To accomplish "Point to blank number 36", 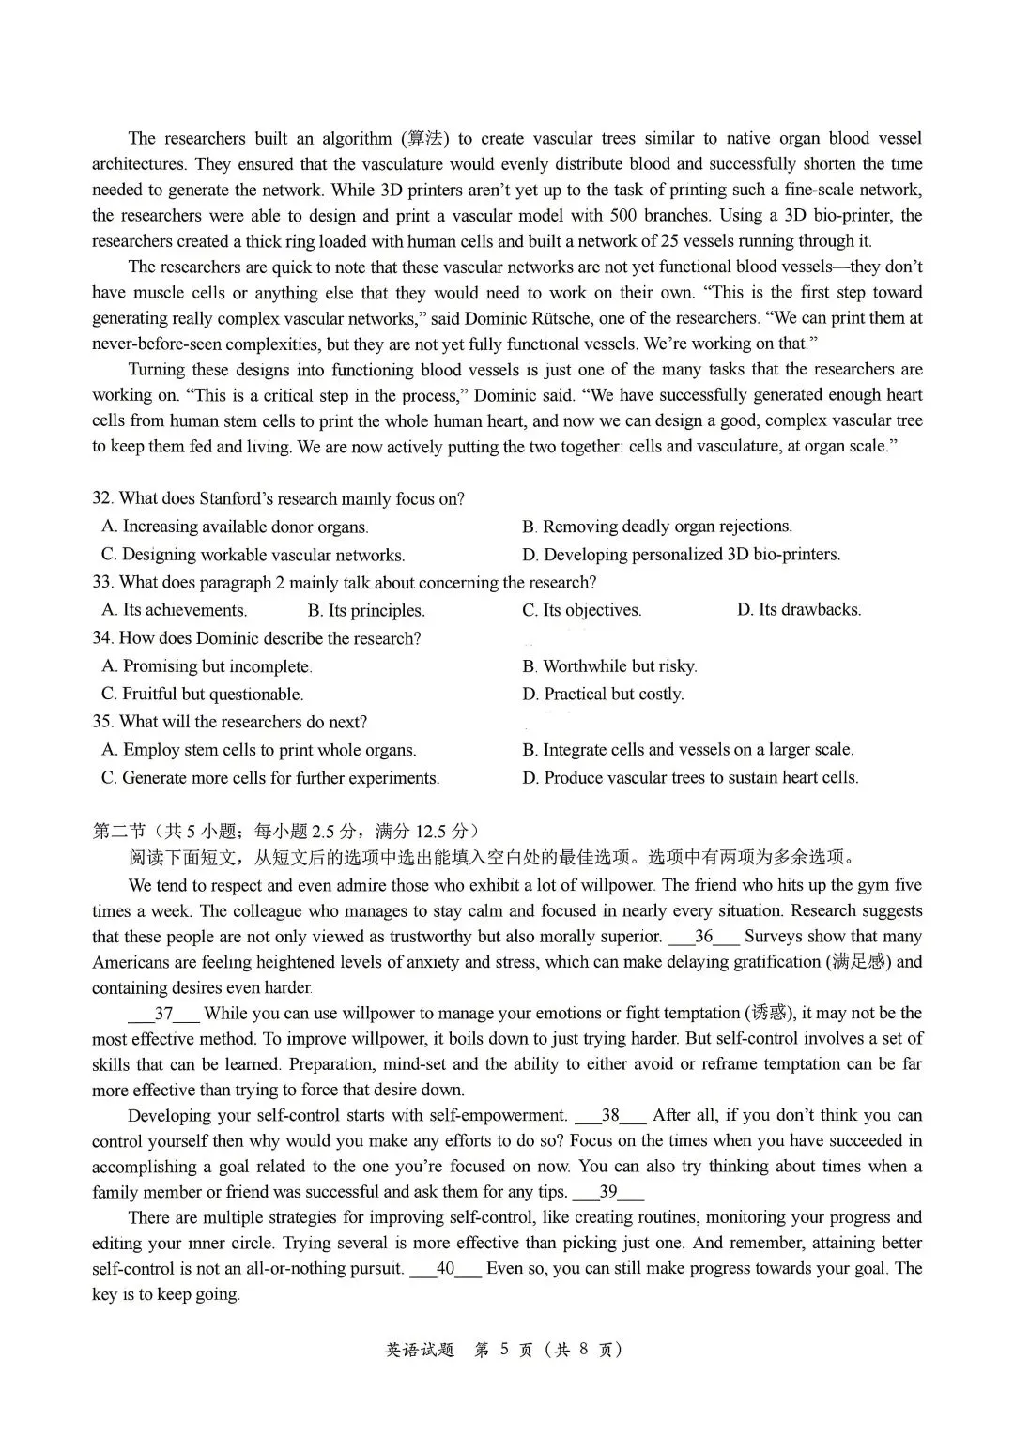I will pyautogui.click(x=703, y=937).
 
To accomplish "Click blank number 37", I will pyautogui.click(x=163, y=1014).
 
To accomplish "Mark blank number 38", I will pyautogui.click(x=610, y=1116).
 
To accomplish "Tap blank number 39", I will pyautogui.click(x=608, y=1193).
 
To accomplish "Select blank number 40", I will pyautogui.click(x=445, y=1269).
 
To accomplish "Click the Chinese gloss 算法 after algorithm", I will pyautogui.click(x=424, y=139).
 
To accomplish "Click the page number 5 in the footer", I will pyautogui.click(x=503, y=1350).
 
